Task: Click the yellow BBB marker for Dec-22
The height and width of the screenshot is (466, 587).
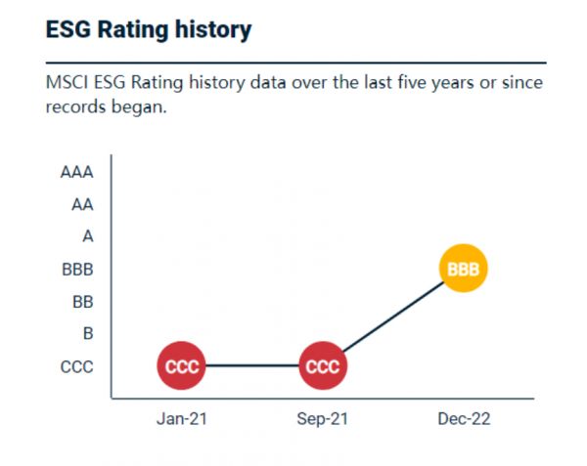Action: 463,269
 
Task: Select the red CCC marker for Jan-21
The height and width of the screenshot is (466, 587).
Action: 183,366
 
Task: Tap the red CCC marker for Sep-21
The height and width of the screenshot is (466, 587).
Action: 323,366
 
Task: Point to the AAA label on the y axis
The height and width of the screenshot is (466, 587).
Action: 76,173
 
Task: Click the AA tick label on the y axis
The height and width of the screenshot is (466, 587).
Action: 82,205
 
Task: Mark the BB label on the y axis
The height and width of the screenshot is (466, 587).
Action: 82,302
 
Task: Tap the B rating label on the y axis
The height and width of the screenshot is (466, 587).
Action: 88,334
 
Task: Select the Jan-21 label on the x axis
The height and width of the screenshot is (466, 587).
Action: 183,418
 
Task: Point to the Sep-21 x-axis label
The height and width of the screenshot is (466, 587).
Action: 323,418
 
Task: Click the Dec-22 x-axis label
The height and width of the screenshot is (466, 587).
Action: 463,418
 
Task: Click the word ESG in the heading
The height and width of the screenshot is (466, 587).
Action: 68,30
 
